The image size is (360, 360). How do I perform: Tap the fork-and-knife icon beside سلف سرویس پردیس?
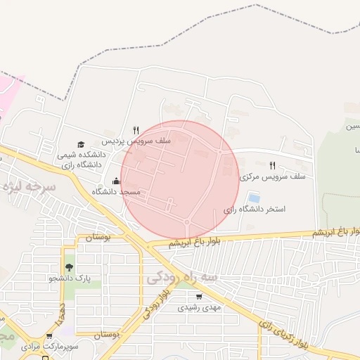pyautogui.click(x=137, y=130)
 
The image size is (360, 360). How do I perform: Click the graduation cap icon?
pyautogui.click(x=81, y=144)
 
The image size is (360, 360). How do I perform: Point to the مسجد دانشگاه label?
pyautogui.click(x=120, y=191)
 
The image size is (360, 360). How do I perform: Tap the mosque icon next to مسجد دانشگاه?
pyautogui.click(x=116, y=181)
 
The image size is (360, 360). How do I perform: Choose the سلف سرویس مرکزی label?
pyautogui.click(x=273, y=177)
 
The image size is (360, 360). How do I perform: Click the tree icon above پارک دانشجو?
pyautogui.click(x=69, y=267)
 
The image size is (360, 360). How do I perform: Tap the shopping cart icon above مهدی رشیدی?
pyautogui.click(x=199, y=296)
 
